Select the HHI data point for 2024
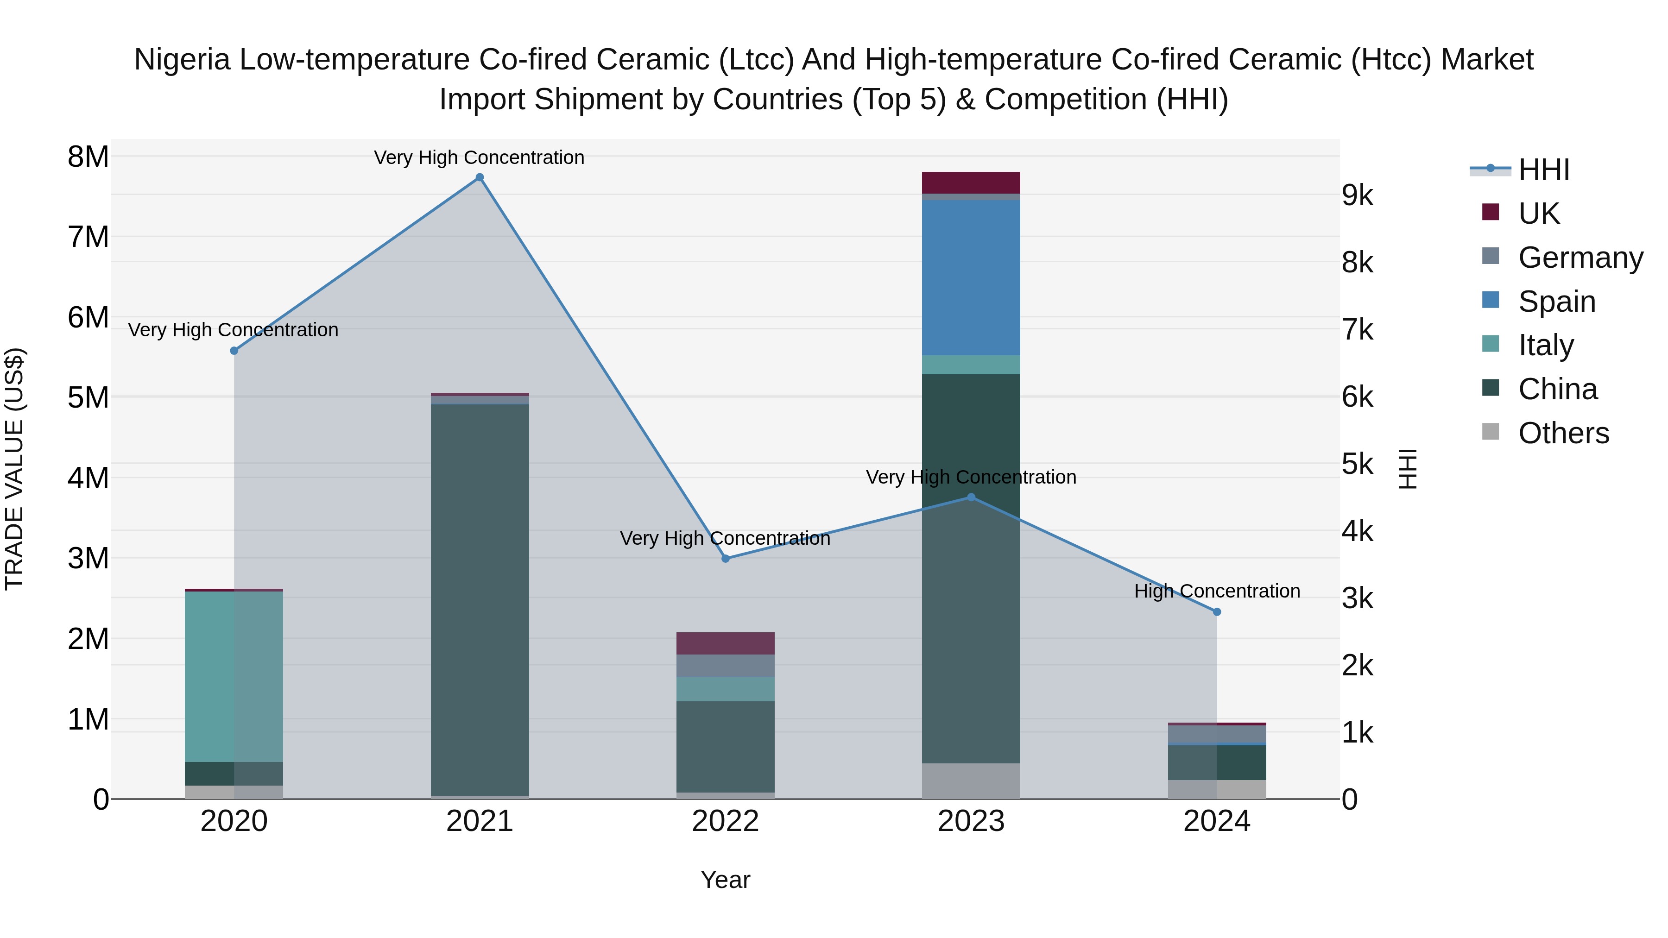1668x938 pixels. click(x=1217, y=612)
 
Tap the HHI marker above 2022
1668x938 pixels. click(x=725, y=559)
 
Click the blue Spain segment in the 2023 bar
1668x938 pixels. click(x=971, y=277)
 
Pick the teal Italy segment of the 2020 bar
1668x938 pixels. click(x=234, y=676)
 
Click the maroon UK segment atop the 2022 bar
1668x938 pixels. click(x=725, y=643)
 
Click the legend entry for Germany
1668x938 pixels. click(x=1580, y=258)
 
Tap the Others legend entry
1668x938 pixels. click(x=1563, y=433)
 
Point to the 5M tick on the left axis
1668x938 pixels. click(x=88, y=397)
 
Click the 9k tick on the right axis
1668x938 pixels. click(x=1357, y=195)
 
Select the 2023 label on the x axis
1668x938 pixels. click(x=971, y=821)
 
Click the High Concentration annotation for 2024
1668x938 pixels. click(x=1217, y=591)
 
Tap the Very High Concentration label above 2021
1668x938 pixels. click(x=479, y=157)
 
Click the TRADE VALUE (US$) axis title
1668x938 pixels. click(x=15, y=469)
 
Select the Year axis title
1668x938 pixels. click(x=725, y=880)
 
